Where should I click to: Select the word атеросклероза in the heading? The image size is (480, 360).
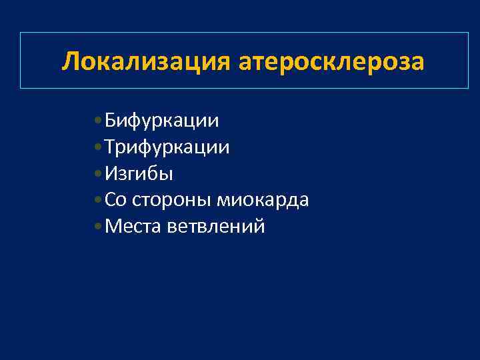pos(329,61)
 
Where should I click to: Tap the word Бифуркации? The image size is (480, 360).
pos(162,121)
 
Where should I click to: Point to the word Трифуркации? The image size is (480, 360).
pos(167,147)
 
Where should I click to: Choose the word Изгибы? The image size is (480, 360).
pos(139,174)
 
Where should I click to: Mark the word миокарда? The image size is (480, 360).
pos(262,200)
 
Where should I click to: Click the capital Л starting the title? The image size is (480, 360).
pos(70,61)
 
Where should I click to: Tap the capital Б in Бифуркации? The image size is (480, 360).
pos(111,121)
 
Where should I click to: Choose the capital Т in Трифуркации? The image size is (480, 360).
pos(110,147)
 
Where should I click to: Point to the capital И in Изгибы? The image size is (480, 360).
pos(111,174)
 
